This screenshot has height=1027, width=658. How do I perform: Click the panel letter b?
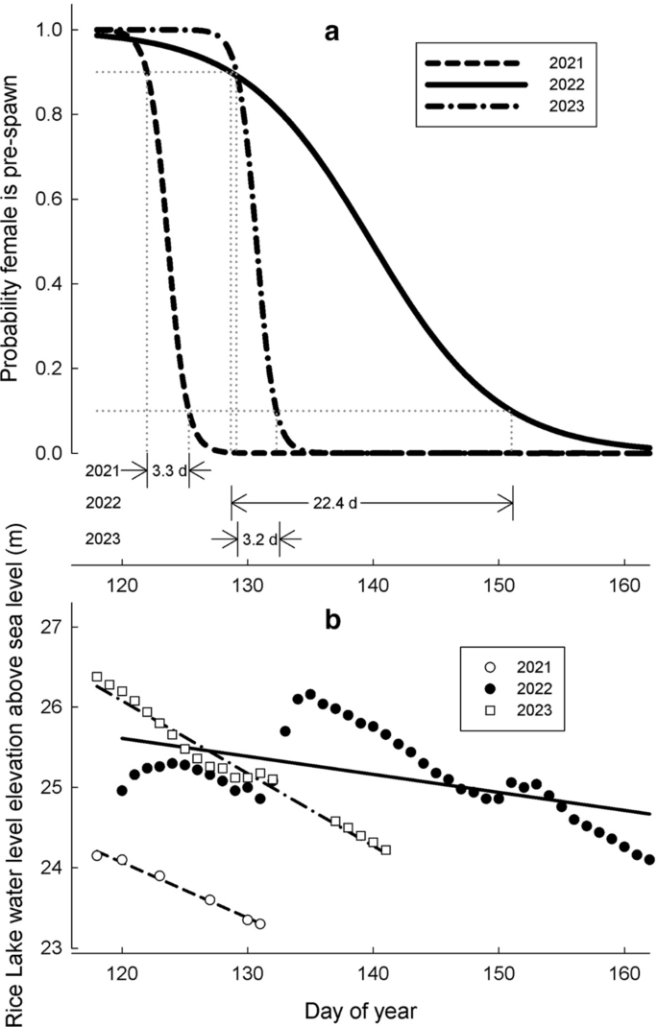coord(332,621)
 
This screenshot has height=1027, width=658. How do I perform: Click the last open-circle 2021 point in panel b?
coord(260,923)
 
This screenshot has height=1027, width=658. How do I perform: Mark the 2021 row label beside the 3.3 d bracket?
coord(102,471)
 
